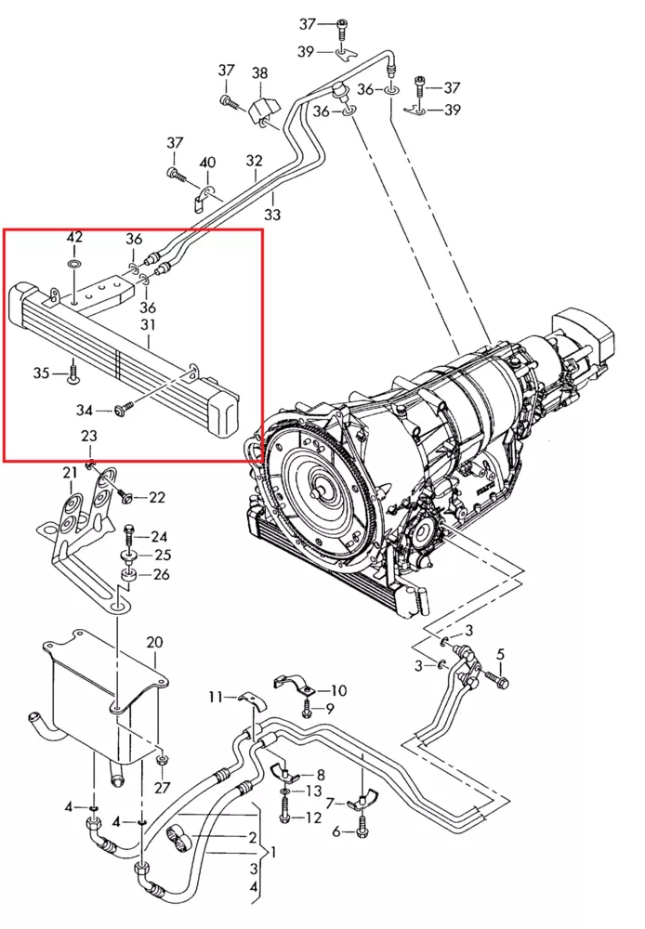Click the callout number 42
click(74, 240)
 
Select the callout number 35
click(42, 373)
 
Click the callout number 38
click(259, 72)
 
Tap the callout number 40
click(207, 164)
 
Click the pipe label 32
click(254, 161)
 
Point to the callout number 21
click(71, 474)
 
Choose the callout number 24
click(159, 537)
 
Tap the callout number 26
click(162, 575)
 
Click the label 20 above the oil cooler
click(154, 643)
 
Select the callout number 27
click(163, 788)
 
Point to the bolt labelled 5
click(503, 682)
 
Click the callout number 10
click(338, 690)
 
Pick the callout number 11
click(216, 696)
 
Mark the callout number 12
click(313, 818)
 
